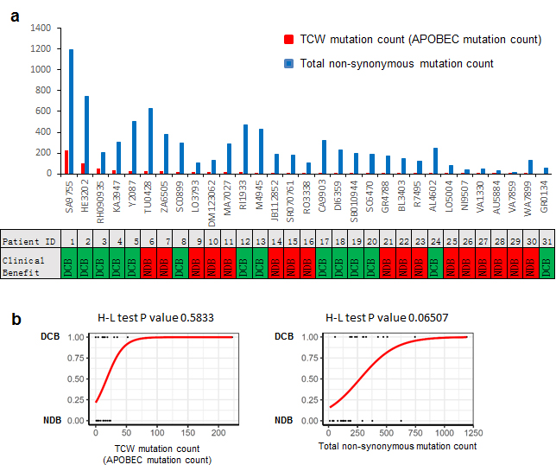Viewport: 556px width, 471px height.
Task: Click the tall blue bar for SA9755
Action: coord(71,111)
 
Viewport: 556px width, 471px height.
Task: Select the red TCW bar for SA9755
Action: coord(66,162)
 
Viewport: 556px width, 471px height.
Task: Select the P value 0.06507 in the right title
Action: coord(452,319)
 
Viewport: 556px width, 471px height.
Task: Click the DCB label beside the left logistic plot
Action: coord(73,337)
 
